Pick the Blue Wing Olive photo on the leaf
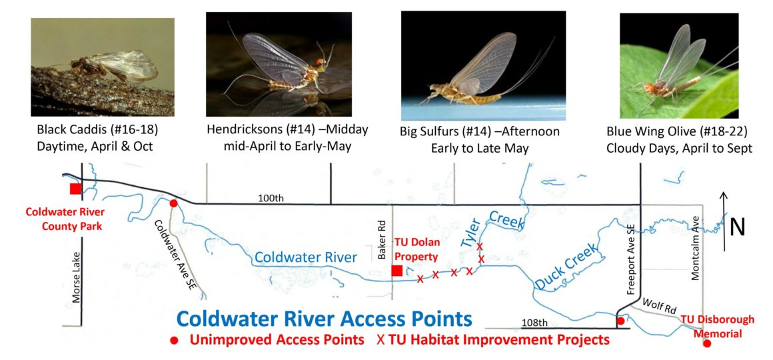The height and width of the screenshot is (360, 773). coord(678,65)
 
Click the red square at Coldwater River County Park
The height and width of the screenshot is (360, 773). coord(75,189)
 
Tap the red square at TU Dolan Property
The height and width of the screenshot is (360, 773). coord(396,271)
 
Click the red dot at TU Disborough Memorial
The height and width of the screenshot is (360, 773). coord(707,344)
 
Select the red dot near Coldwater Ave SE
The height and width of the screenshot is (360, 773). coord(173,203)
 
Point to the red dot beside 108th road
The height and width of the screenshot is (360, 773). coord(620,321)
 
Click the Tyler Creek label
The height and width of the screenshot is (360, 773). coord(493,230)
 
